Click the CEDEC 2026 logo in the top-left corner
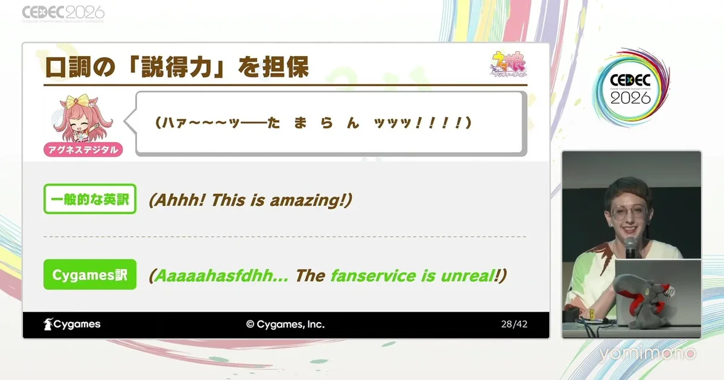tap(63, 13)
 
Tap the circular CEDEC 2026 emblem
tap(630, 89)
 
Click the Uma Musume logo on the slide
tap(508, 65)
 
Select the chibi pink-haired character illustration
tap(83, 119)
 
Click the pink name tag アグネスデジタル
tap(83, 150)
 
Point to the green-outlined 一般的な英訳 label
tap(90, 198)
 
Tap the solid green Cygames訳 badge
tap(90, 274)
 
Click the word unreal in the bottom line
tap(468, 276)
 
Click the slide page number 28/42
tap(514, 324)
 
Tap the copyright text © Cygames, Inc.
tap(285, 324)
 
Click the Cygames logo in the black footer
tap(72, 324)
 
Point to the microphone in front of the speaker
tap(630, 247)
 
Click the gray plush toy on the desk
tap(641, 300)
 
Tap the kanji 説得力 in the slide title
tap(176, 67)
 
